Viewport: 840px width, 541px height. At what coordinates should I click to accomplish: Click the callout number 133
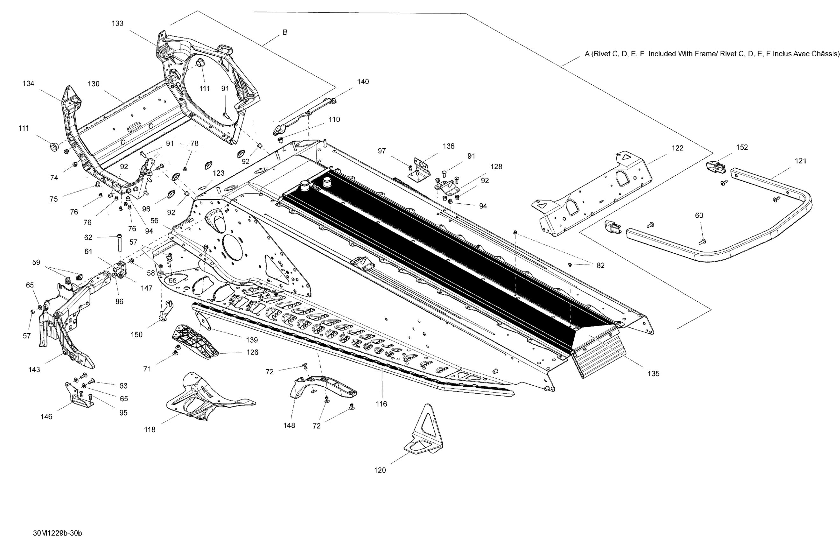117,24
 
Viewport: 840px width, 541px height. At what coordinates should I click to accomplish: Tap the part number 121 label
800,161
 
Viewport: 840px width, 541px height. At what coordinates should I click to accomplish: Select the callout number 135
653,374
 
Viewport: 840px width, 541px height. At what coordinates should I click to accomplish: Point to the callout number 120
380,470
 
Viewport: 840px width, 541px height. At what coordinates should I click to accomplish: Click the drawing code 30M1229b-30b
57,533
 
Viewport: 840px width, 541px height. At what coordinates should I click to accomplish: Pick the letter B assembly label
285,32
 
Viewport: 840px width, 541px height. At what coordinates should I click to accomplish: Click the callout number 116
381,404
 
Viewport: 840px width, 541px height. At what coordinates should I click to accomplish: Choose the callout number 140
363,82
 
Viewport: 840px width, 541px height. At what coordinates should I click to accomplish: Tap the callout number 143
34,369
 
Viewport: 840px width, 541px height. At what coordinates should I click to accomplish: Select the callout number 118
150,430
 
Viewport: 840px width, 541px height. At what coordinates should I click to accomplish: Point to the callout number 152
742,148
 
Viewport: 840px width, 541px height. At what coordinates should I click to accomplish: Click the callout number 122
677,148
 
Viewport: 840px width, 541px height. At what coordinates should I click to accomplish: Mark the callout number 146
46,417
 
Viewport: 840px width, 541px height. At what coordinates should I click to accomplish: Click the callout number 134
28,84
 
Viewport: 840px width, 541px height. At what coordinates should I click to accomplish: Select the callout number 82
600,266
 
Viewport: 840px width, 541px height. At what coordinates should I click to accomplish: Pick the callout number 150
136,335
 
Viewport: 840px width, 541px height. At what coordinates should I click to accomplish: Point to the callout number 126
252,352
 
